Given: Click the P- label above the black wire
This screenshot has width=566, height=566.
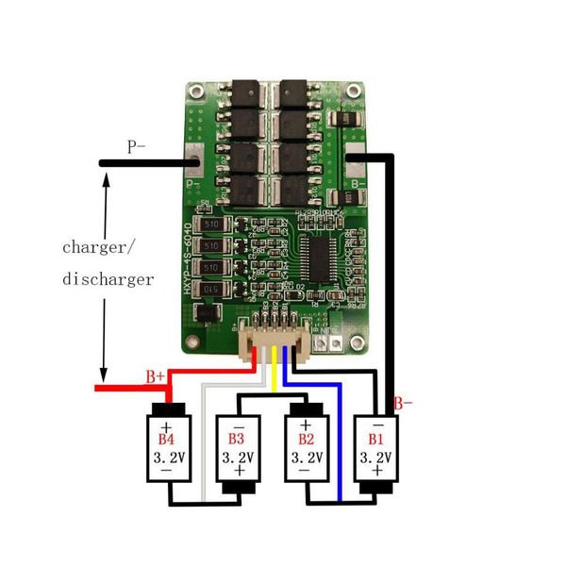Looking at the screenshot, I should tap(137, 146).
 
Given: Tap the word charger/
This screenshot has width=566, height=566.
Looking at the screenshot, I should tap(99, 247).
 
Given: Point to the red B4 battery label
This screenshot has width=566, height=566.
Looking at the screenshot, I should tap(166, 440).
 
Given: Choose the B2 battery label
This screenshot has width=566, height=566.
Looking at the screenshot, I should tap(306, 440).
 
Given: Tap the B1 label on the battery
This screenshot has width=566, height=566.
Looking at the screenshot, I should tap(375, 440).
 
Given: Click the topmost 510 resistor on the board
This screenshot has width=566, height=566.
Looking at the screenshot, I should tap(208, 226).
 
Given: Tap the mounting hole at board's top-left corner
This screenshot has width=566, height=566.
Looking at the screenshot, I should tap(194, 93).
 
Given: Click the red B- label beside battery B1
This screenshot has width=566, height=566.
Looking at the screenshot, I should tap(404, 404).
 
